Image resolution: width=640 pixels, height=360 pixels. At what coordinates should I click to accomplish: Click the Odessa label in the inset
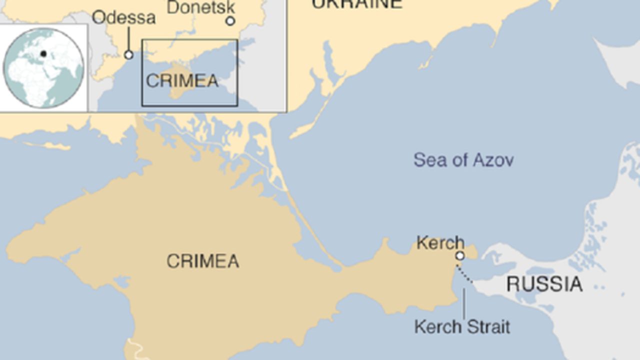(123, 18)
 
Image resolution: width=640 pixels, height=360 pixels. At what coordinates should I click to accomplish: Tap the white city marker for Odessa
(128, 54)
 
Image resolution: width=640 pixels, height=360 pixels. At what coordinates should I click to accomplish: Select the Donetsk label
(200, 7)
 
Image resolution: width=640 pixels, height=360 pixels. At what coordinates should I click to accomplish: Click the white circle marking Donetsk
(230, 21)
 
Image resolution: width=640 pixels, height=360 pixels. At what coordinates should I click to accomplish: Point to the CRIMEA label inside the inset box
(182, 81)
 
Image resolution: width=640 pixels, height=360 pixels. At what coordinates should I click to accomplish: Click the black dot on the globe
(43, 54)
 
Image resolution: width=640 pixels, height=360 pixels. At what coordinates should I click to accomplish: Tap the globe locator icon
(43, 68)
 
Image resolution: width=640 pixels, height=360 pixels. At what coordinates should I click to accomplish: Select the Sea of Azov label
(463, 160)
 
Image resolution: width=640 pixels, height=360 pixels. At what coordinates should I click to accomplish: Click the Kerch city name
(440, 243)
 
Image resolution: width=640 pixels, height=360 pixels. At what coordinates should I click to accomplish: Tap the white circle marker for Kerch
(459, 256)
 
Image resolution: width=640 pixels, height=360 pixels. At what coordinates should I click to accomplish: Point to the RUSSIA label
(544, 284)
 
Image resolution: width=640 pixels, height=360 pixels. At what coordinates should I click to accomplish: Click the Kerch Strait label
(462, 327)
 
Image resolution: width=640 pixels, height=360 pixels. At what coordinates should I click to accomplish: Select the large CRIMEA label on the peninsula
(202, 261)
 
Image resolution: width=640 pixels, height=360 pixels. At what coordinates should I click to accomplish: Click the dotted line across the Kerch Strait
(464, 274)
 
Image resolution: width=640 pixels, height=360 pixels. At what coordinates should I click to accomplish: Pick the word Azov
(492, 160)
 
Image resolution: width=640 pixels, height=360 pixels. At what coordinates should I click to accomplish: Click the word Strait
(487, 327)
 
